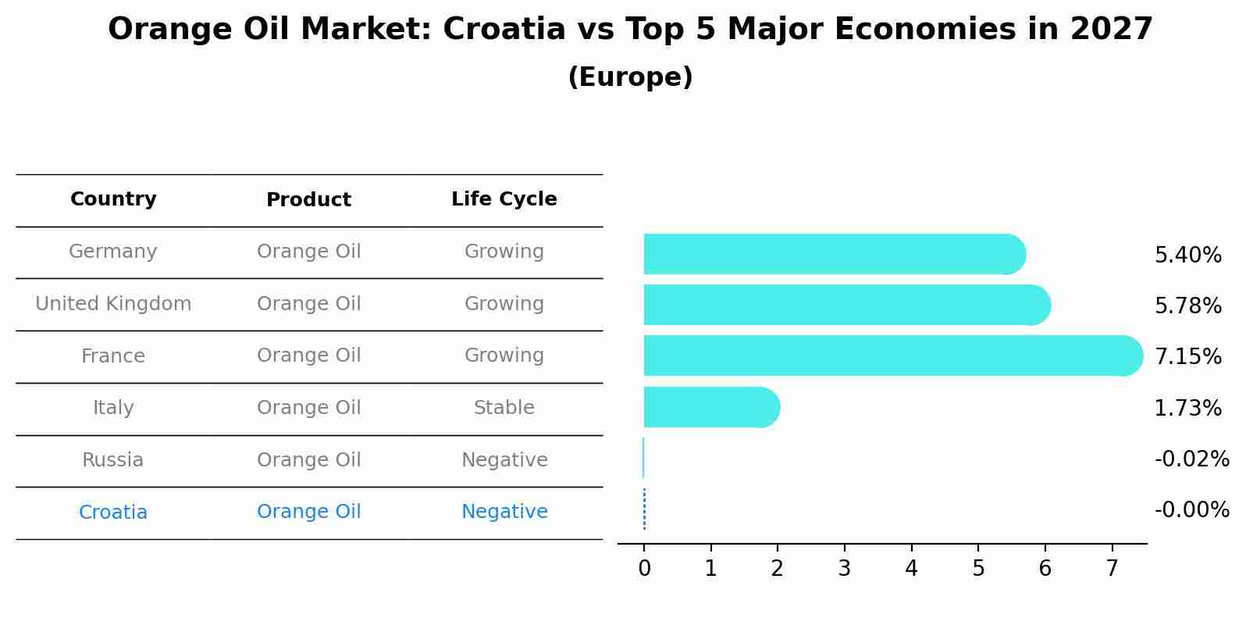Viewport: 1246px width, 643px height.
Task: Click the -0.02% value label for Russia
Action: tap(1191, 459)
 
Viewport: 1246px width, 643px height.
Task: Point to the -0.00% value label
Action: tap(1191, 510)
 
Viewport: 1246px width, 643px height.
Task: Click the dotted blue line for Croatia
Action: tap(644, 509)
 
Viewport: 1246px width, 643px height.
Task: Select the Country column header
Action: tap(113, 199)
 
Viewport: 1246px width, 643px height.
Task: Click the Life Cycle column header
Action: tap(504, 199)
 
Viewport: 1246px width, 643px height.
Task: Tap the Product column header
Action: tap(308, 200)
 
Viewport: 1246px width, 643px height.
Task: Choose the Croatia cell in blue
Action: tap(113, 513)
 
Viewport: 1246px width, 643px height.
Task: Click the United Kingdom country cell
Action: tap(113, 304)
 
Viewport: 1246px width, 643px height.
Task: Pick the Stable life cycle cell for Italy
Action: tap(504, 408)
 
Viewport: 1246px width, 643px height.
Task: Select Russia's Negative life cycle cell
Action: tap(504, 460)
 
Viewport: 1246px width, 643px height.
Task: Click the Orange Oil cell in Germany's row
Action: tap(308, 252)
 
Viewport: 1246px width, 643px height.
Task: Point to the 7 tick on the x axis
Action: tap(1112, 569)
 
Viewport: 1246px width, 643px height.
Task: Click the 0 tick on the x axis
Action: tap(644, 569)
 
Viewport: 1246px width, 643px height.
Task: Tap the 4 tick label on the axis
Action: tap(911, 569)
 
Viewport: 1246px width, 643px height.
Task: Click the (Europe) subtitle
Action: tap(630, 77)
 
